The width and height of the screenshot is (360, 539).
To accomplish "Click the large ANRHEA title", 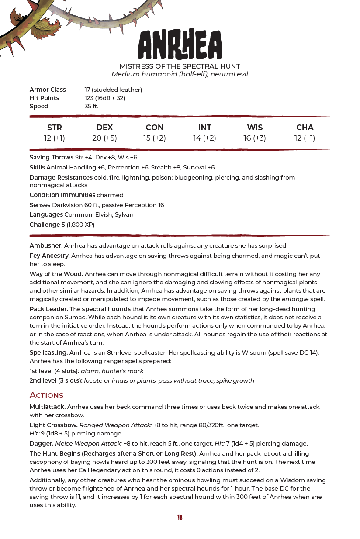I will [x=180, y=45].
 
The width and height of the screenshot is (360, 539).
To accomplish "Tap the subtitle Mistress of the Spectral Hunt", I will [x=180, y=66].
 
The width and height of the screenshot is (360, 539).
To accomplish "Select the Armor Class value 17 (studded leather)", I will [x=113, y=90].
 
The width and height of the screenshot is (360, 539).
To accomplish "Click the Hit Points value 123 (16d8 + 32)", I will [x=105, y=98].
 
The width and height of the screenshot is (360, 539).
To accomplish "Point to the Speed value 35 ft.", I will [x=91, y=106].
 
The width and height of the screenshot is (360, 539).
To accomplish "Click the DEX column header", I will [x=104, y=128].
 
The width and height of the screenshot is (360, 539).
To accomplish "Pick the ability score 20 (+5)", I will [x=104, y=138].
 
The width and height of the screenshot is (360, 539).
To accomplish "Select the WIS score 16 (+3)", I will [x=254, y=138].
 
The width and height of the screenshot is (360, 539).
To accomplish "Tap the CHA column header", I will [x=305, y=128].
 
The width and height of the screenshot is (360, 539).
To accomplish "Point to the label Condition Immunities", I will [x=62, y=195].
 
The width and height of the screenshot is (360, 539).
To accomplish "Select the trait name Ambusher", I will [x=46, y=245].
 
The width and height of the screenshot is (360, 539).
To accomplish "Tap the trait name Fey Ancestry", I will [x=49, y=256].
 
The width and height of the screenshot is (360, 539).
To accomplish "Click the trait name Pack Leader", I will [x=48, y=309].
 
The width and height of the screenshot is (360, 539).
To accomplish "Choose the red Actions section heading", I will [x=46, y=395].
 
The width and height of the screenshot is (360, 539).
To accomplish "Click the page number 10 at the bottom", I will [x=180, y=518].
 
